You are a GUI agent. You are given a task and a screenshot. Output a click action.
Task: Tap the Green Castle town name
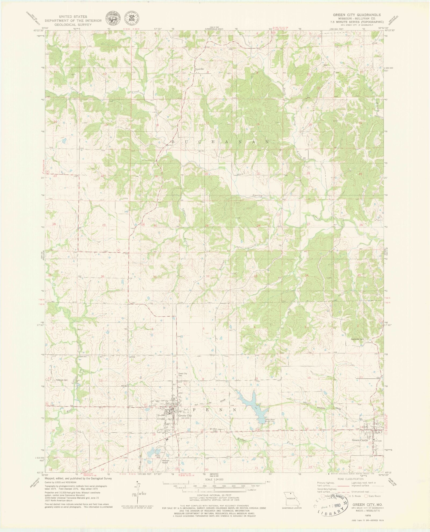[360, 440]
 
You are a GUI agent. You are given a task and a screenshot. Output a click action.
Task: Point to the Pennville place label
[199, 69]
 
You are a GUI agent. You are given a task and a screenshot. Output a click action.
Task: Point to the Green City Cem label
[183, 375]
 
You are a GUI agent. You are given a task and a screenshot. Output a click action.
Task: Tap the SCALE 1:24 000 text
[214, 479]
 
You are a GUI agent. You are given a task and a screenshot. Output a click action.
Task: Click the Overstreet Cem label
[357, 339]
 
